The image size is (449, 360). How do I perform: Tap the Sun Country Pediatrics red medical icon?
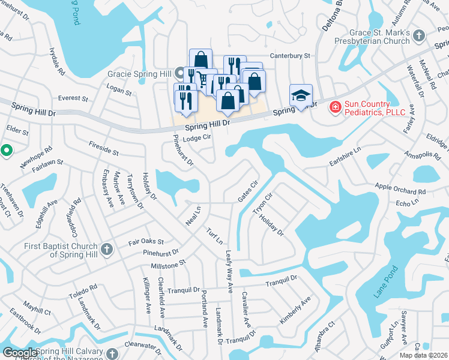[335, 107]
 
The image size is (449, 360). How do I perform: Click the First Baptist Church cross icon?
[107, 249]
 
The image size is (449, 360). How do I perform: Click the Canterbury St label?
[289, 55]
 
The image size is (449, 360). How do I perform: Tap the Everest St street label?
[73, 98]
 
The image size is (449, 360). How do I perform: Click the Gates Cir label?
[247, 190]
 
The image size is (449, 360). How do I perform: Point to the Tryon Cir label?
[263, 204]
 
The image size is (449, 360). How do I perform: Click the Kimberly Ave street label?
[295, 310]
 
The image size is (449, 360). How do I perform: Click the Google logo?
[20, 353]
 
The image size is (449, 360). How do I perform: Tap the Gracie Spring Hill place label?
[139, 74]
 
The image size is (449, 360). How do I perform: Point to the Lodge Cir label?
[198, 137]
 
